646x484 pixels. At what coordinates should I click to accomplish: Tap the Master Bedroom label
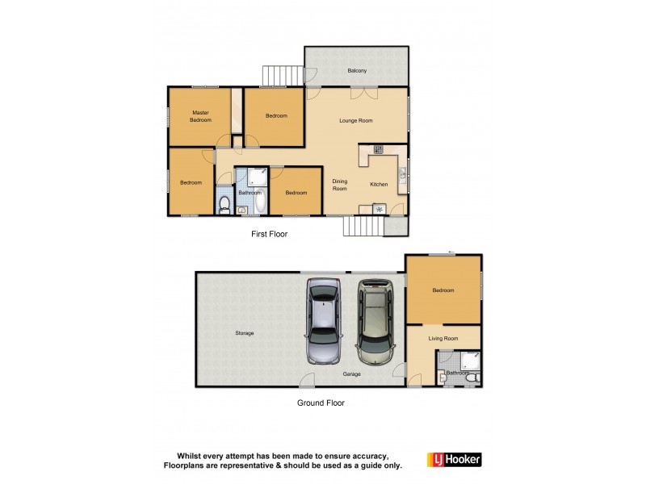tap(200, 116)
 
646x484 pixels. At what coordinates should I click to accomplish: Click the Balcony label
tap(357, 71)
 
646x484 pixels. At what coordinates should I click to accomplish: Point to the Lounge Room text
tap(355, 120)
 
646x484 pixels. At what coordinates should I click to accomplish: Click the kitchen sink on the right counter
tap(401, 172)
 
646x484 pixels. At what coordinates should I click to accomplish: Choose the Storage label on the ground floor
tap(245, 333)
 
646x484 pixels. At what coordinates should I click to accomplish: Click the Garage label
tap(350, 374)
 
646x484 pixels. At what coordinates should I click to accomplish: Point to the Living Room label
tap(443, 339)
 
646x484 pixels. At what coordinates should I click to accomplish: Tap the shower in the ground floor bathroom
tap(470, 360)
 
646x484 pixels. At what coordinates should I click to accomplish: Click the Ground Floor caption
tap(321, 403)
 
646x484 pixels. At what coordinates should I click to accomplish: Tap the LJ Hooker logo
tap(454, 459)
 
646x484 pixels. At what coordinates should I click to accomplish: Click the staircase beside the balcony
tap(280, 75)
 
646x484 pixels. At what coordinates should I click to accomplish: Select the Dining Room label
tap(339, 185)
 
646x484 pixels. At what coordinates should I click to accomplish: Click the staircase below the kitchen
tap(361, 226)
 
